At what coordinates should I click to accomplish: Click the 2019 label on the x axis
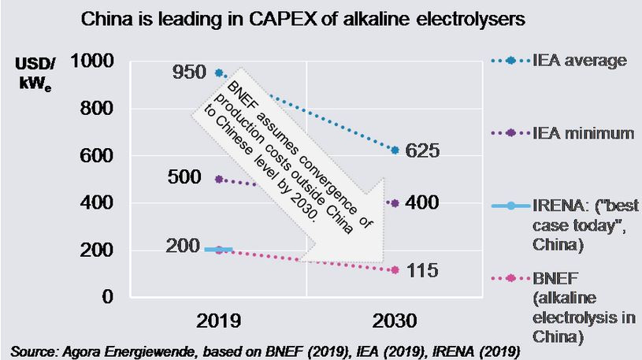[217, 321]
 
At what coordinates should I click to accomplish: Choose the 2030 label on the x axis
[395, 321]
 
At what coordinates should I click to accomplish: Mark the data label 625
[427, 150]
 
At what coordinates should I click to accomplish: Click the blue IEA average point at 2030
[395, 150]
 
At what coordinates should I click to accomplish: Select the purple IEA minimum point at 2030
[395, 202]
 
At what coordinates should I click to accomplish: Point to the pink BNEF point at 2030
[395, 270]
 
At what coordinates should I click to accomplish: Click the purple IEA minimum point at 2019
[217, 179]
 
